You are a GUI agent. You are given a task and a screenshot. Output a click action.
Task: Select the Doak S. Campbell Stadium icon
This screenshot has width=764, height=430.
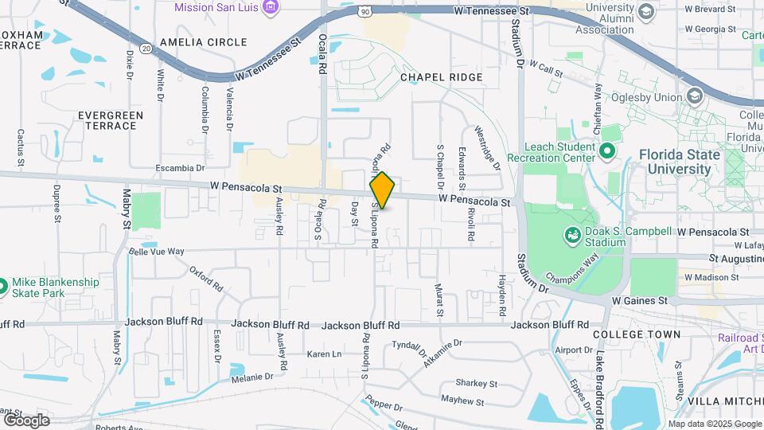point(571,235)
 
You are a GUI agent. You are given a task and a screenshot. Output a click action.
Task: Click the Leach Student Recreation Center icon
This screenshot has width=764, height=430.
point(607,150)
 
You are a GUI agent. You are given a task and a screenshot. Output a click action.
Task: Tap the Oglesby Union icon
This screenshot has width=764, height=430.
point(694,96)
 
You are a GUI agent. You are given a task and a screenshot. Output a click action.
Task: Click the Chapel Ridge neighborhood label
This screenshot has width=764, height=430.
point(442,77)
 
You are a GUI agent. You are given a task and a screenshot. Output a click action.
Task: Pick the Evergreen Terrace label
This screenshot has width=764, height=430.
point(111,120)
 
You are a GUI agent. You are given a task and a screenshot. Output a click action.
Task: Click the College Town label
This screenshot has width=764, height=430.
point(637,334)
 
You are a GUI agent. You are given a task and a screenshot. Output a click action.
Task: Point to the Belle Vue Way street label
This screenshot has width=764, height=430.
point(157,252)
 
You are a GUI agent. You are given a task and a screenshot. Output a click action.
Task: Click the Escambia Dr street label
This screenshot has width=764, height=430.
point(180,168)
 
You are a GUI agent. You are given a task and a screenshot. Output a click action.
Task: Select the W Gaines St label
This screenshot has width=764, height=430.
point(639,300)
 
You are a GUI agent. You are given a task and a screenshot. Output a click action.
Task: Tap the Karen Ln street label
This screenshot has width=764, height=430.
point(324,354)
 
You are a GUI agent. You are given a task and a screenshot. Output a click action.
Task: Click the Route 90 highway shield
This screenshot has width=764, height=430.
point(364,11)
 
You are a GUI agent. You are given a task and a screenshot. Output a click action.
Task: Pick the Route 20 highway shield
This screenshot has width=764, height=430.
point(146,49)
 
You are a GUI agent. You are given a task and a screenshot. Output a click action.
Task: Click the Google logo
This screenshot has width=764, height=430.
point(26,420)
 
